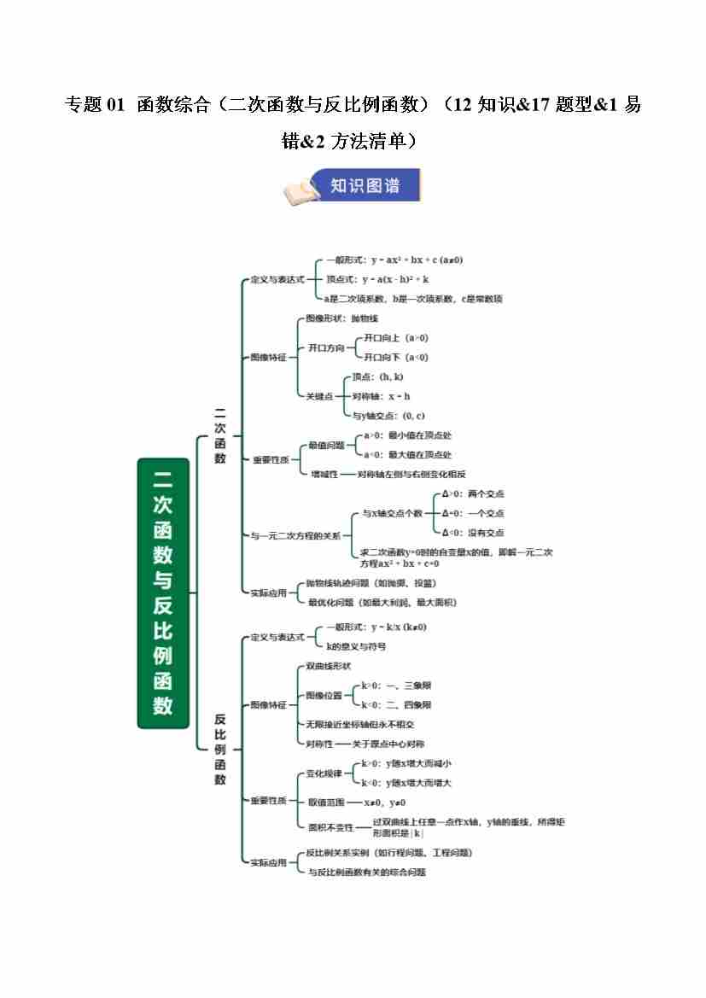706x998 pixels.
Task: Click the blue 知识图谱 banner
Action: tap(365, 185)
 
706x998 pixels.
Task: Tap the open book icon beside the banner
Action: tap(300, 191)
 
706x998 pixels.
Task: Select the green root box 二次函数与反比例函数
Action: tap(162, 592)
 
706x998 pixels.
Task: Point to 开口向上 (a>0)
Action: tap(396, 338)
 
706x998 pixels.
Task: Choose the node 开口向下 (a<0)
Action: tap(396, 358)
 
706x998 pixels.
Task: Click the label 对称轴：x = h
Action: tap(382, 396)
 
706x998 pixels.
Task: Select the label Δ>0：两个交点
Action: tap(473, 494)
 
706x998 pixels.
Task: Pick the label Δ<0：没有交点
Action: tap(473, 533)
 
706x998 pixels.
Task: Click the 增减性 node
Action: tap(324, 474)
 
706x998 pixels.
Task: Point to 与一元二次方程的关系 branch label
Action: tap(295, 535)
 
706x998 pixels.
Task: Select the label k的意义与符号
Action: tap(356, 647)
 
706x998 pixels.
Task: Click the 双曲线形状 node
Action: tap(329, 666)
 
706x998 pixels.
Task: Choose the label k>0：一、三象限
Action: tap(396, 686)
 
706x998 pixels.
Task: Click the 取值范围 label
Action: tap(326, 802)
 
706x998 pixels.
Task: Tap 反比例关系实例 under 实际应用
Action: tap(389, 853)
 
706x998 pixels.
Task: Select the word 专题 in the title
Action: tap(84, 105)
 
